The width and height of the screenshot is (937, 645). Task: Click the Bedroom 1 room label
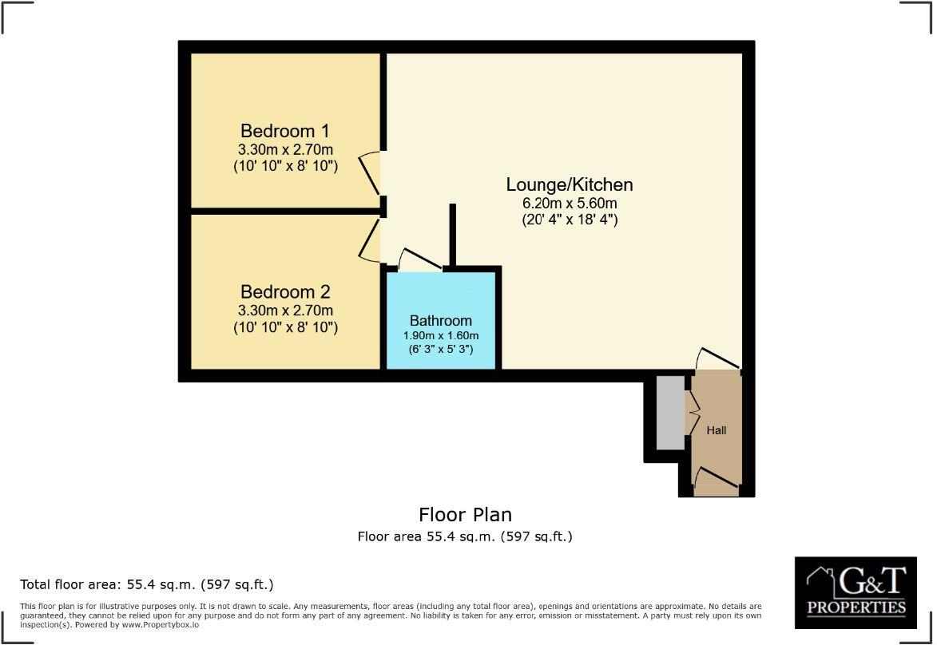(285, 131)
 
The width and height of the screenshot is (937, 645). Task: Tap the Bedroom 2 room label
(285, 292)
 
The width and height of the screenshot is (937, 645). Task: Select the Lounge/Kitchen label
(570, 184)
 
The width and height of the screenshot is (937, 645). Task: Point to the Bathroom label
(441, 321)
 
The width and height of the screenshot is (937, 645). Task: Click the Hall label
(717, 430)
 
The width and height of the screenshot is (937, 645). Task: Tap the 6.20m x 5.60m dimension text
(570, 203)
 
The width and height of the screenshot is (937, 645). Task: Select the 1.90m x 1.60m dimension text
(441, 335)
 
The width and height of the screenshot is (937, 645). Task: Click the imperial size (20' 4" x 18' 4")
(570, 219)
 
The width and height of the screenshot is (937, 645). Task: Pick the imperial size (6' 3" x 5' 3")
(441, 349)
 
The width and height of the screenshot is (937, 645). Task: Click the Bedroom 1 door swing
(370, 173)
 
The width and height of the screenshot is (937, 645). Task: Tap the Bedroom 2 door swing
(370, 241)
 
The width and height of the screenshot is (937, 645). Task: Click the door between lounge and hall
(717, 359)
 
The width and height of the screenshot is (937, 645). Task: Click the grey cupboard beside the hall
(670, 412)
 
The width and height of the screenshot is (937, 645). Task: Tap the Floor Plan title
(465, 515)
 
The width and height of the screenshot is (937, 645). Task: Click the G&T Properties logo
(856, 592)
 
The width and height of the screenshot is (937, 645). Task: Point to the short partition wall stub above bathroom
(453, 235)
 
